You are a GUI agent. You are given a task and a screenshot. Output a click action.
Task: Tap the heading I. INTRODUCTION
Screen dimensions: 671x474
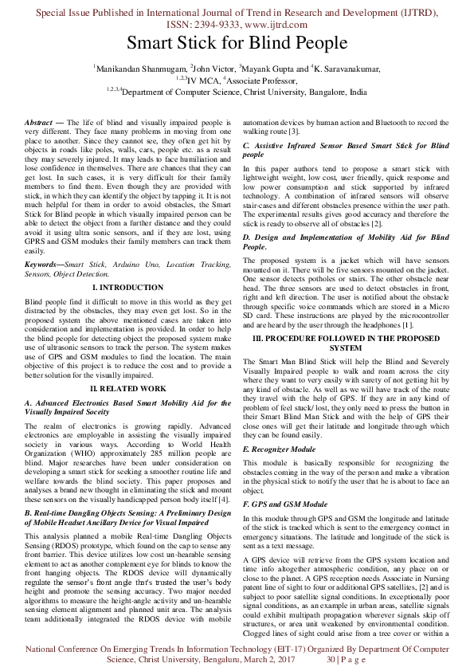128,286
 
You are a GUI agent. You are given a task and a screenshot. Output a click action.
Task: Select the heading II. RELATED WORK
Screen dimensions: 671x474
128,387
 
